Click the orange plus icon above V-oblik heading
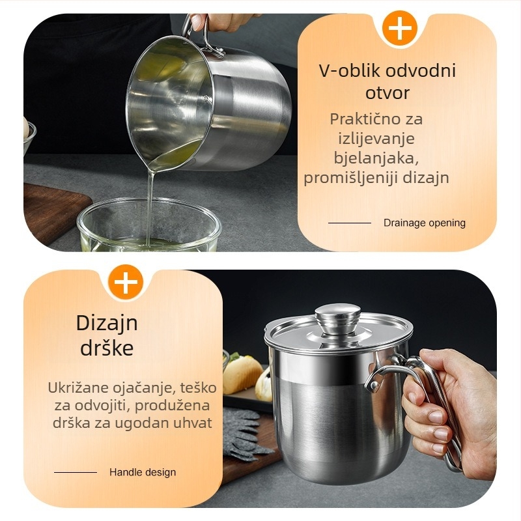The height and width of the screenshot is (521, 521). coord(399,28)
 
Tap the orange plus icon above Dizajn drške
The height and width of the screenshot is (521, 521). coord(125,282)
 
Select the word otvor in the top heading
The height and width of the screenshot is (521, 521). coord(387,92)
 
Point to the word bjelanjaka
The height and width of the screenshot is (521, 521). coord(376,158)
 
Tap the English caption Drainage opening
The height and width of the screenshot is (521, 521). coord(425,223)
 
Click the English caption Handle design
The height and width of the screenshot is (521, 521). coord(143,472)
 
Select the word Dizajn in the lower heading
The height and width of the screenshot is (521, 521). coord(107,322)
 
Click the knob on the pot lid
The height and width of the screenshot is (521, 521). coord(337,319)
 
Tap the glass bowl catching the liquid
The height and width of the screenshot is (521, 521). coord(150,224)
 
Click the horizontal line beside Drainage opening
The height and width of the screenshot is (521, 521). coord(350,223)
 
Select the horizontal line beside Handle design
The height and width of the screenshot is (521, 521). coord(76,472)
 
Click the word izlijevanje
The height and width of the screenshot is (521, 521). coord(376,139)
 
